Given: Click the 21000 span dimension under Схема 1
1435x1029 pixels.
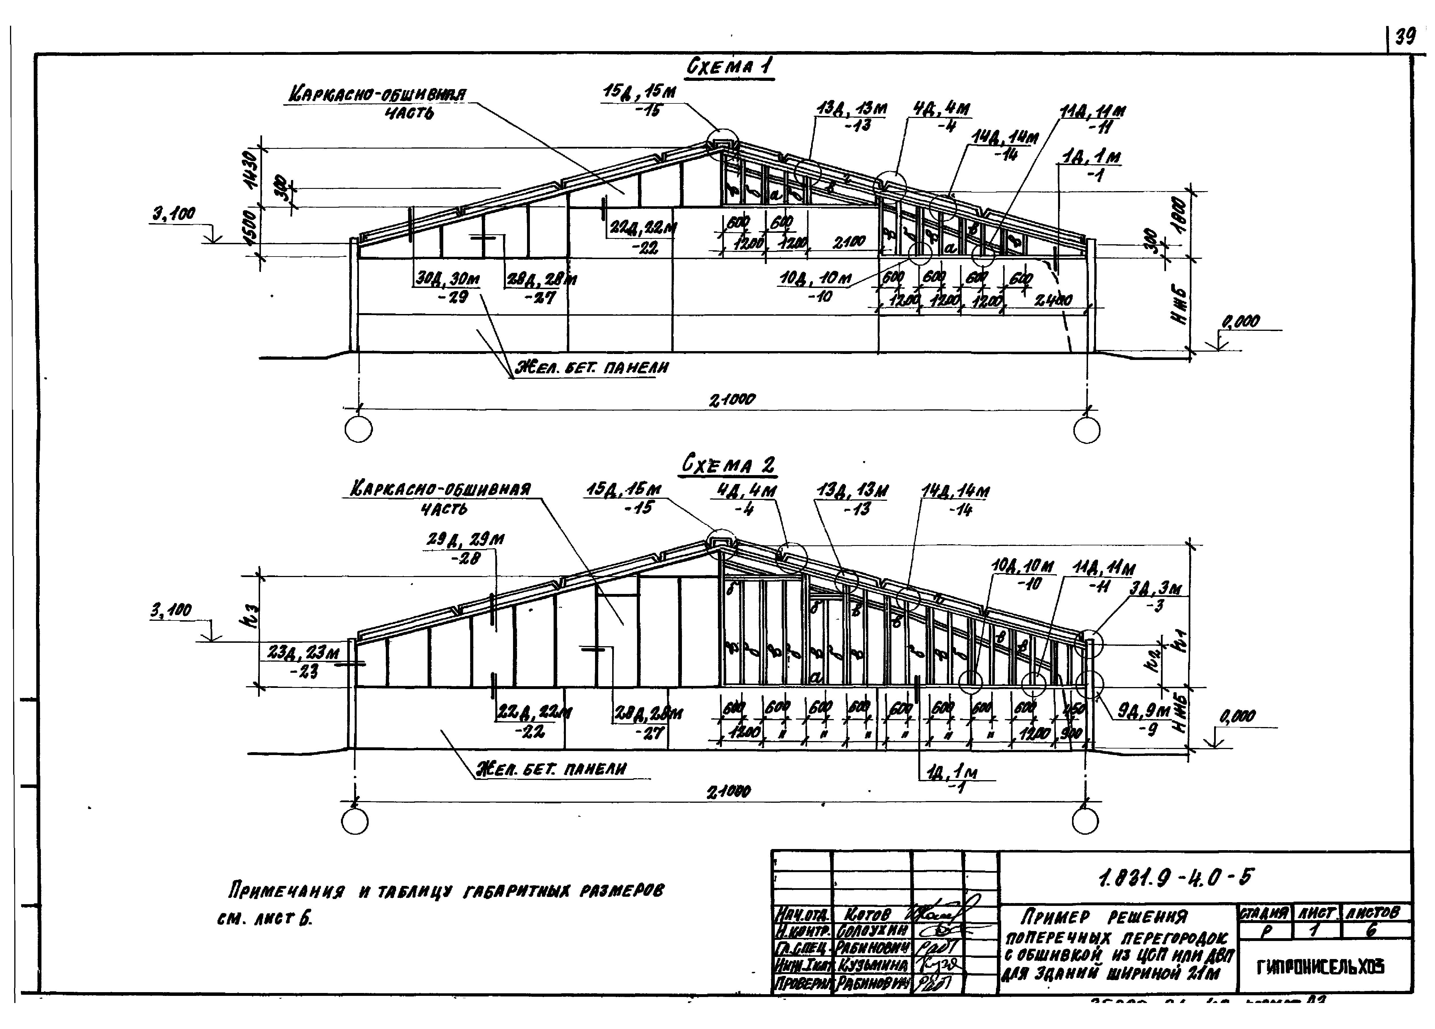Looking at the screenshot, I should [x=732, y=400].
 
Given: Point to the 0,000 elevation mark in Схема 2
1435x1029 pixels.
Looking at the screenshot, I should [x=1238, y=716].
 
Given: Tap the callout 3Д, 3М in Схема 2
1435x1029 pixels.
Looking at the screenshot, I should [x=1156, y=589].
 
